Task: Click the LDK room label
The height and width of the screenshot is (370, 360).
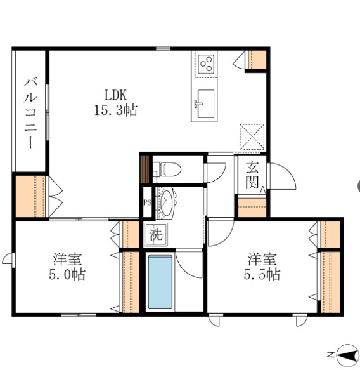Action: tap(116, 95)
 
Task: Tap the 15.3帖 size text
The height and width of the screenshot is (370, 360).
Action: tap(116, 110)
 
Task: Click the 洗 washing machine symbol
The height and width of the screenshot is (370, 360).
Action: tap(155, 234)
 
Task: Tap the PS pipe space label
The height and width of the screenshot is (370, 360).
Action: tap(147, 203)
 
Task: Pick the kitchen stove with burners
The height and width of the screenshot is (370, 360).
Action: tap(206, 63)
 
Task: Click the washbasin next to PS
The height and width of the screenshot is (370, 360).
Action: tap(166, 202)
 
